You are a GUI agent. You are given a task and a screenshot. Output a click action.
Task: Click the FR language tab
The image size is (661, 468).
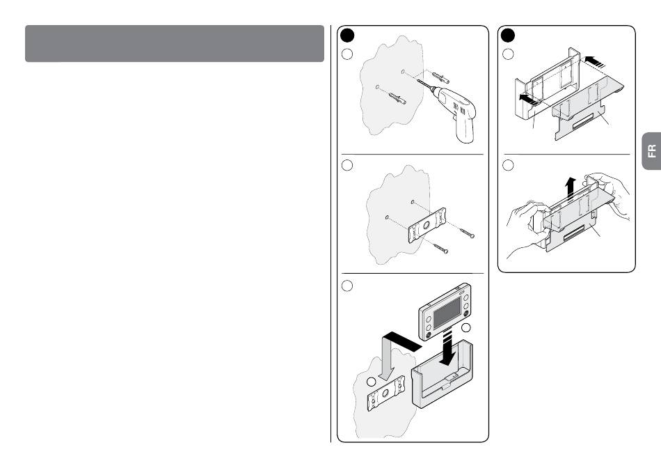[652, 150]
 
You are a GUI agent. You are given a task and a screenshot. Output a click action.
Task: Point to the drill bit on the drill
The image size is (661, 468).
[425, 84]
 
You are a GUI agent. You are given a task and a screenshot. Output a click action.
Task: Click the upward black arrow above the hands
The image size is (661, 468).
[571, 188]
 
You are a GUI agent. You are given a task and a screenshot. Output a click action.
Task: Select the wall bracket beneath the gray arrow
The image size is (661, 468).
[385, 393]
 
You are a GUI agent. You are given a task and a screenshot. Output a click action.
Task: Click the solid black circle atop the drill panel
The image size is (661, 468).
[347, 36]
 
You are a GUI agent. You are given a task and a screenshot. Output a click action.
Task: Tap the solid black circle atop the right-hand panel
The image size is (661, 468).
[508, 36]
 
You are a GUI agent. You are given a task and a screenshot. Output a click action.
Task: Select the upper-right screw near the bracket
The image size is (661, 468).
[467, 233]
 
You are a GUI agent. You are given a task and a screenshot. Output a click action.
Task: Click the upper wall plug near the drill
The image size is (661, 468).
[440, 77]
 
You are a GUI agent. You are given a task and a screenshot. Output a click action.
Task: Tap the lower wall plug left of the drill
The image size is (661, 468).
[397, 99]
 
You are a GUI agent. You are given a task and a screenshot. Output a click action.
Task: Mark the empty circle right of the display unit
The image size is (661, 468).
[465, 327]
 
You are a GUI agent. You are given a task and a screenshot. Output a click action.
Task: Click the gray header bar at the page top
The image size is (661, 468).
[175, 43]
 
